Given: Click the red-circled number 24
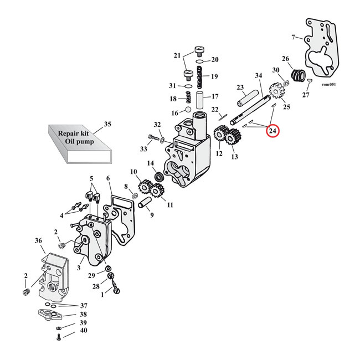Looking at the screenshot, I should coord(272,132).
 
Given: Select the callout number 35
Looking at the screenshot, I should coord(107,125).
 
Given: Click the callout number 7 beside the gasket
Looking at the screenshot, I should coord(294,37).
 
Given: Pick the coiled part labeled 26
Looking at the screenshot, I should coord(300,74).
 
